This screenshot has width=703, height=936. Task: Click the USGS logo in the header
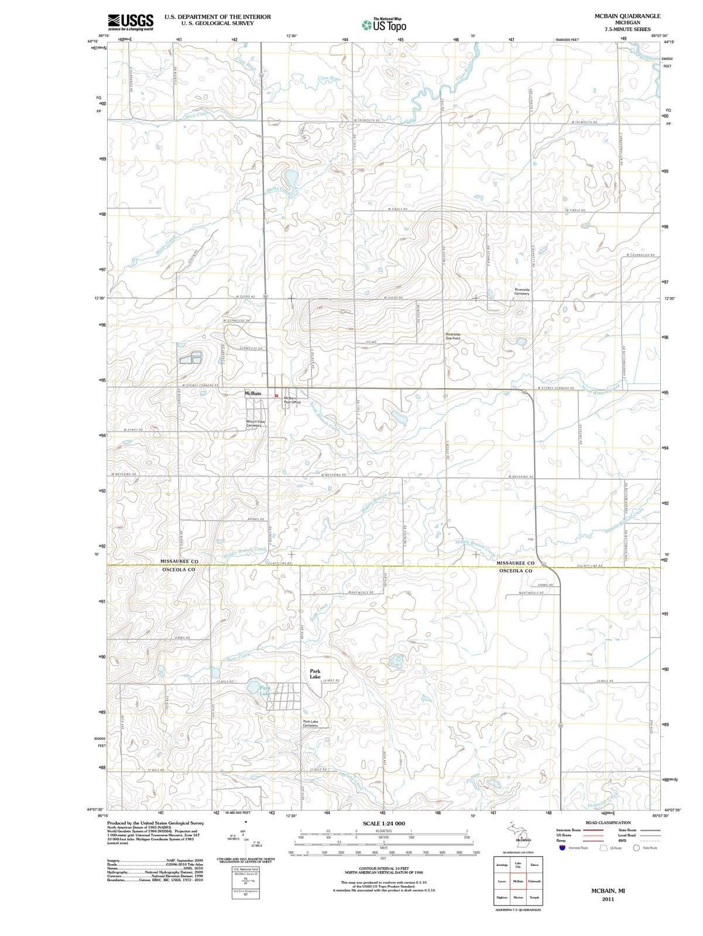[x=131, y=22]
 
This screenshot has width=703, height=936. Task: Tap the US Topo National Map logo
[x=383, y=25]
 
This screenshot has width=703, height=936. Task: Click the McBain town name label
[x=253, y=394]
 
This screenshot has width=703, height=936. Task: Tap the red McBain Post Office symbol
[x=277, y=396]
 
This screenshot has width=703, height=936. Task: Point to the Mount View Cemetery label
[x=256, y=423]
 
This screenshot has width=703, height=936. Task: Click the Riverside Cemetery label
[x=522, y=291]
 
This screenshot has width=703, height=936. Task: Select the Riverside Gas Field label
[x=452, y=336]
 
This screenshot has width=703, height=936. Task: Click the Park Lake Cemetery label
[x=311, y=724]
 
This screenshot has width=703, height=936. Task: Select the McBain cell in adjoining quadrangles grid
[x=518, y=881]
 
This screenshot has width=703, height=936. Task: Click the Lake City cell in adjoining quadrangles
[x=518, y=865]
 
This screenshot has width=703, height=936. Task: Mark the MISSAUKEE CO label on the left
[x=179, y=562]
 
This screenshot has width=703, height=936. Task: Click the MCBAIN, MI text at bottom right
[x=608, y=890]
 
